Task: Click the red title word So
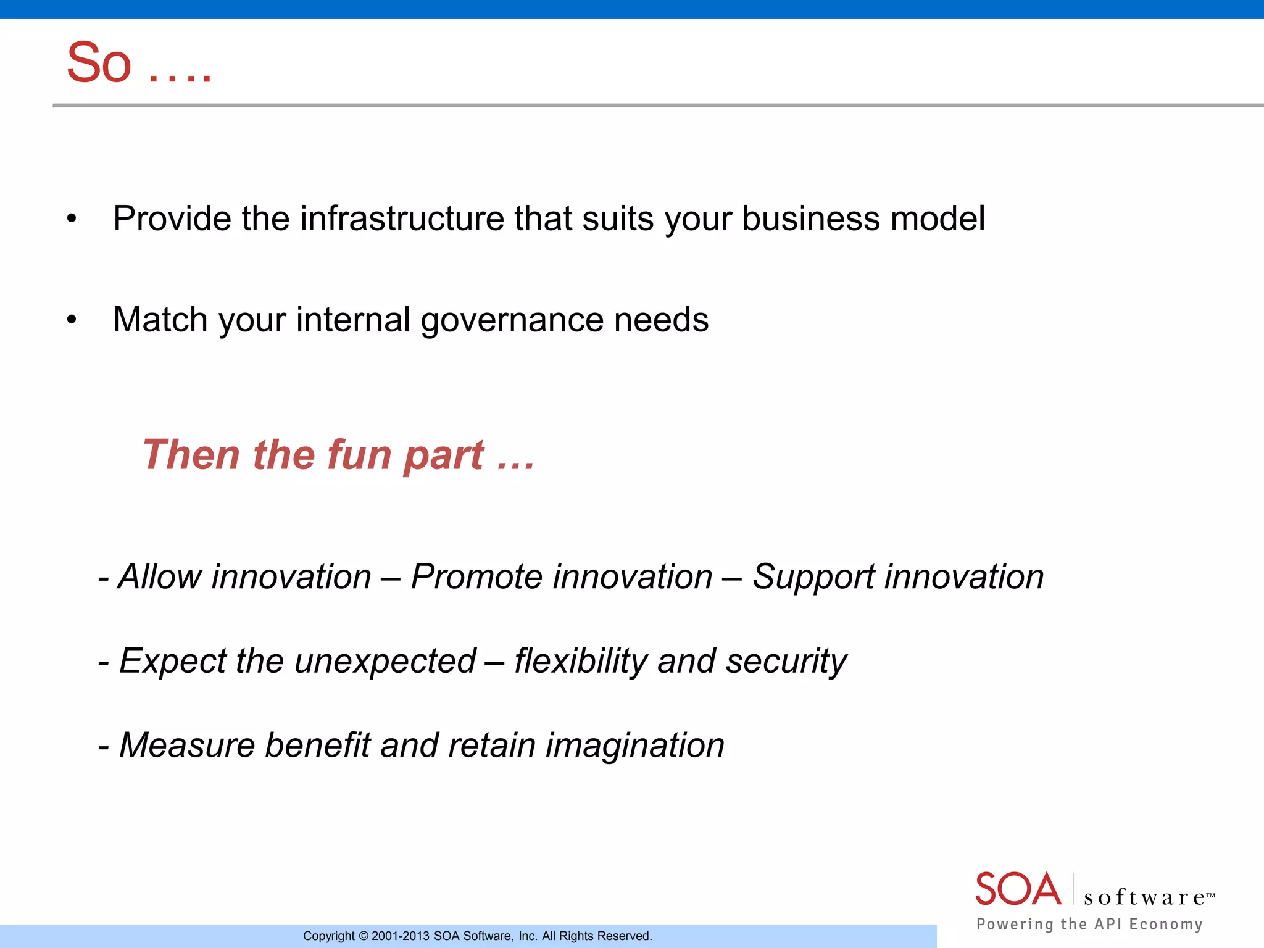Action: (99, 63)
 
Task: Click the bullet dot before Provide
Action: (72, 219)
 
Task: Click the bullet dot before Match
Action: (72, 320)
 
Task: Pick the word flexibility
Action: (580, 662)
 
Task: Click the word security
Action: (786, 662)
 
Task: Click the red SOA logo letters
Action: (1017, 889)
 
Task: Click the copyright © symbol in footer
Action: (364, 936)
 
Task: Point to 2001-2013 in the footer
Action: (400, 936)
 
